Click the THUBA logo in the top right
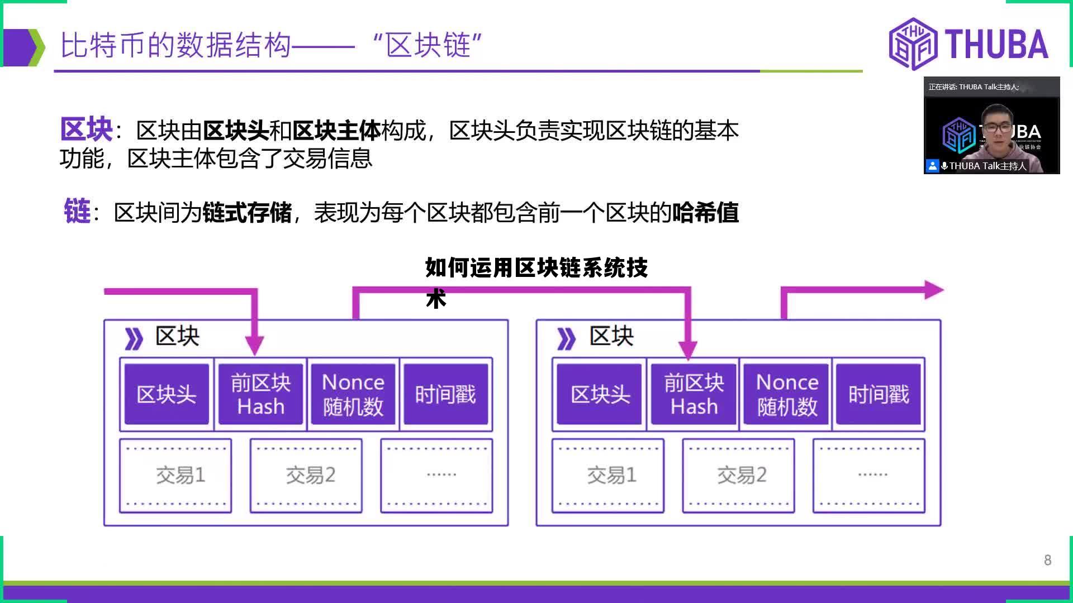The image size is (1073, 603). (968, 44)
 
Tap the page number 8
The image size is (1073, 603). (1047, 560)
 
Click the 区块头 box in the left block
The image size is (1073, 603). (167, 394)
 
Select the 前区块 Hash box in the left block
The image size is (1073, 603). (260, 394)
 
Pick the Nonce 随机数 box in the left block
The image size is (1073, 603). (353, 394)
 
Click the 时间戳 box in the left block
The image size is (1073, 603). (445, 394)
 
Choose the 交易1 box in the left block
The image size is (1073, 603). (175, 476)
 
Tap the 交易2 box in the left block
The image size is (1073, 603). (306, 476)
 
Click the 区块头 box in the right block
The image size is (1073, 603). (600, 394)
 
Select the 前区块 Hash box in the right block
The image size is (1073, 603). (694, 394)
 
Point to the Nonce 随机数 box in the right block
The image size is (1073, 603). (786, 394)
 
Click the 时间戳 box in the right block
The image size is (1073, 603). (879, 394)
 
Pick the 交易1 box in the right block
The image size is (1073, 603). (608, 476)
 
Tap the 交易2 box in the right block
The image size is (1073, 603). (739, 476)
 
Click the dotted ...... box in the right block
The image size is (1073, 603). (869, 476)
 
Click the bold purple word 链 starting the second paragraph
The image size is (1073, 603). (77, 212)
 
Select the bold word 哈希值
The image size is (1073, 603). (705, 213)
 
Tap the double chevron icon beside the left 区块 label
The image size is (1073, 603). (134, 338)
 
